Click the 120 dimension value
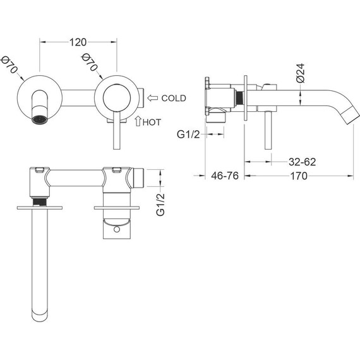click(78, 42)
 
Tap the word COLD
click(174, 99)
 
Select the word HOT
click(152, 123)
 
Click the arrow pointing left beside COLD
click(152, 98)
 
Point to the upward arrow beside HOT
click(138, 121)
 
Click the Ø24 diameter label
click(300, 73)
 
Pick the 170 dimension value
click(299, 176)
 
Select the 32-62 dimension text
click(302, 162)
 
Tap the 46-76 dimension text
click(225, 176)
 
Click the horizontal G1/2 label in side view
click(188, 135)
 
